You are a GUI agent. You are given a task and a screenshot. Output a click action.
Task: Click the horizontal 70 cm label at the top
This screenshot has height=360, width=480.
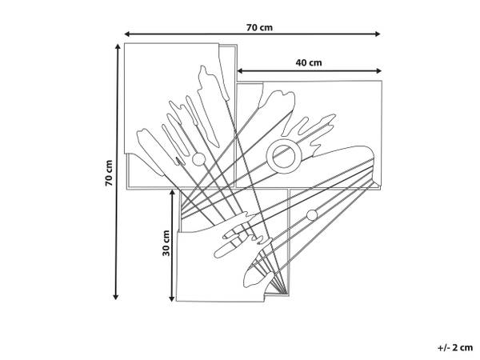259,27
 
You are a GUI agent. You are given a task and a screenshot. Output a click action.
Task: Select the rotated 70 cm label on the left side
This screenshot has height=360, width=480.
109,173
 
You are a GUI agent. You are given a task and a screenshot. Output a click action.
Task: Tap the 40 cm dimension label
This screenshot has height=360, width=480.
309,62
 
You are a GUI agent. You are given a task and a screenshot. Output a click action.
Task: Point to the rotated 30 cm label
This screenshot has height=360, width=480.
166,243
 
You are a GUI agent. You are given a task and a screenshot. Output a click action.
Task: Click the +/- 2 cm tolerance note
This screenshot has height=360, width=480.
455,347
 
